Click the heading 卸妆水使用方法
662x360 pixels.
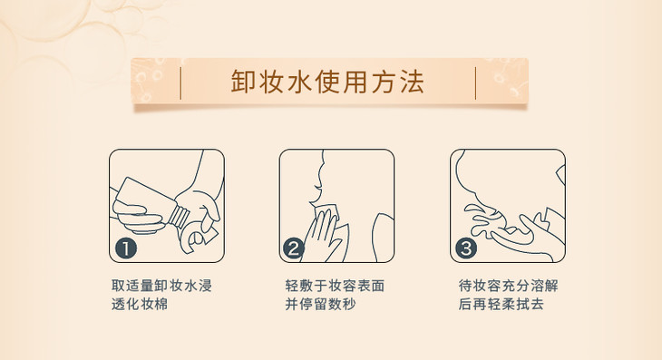coord(327,81)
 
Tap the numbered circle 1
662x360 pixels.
coord(126,248)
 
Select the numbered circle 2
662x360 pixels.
coord(293,248)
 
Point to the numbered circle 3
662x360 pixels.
coord(466,248)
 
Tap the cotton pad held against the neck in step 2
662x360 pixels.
coord(329,215)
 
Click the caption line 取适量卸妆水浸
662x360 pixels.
coord(161,286)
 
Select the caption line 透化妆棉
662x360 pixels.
coord(140,304)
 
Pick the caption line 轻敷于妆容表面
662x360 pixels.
coord(335,286)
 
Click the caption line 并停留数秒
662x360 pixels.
coord(320,304)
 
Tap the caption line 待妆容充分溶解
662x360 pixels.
coord(509,286)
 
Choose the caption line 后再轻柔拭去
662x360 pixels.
coord(501,304)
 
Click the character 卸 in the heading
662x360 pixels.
coord(243,81)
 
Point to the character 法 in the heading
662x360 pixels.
coord(412,81)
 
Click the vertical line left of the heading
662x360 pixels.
coord(180,83)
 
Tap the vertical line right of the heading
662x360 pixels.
coord(475,83)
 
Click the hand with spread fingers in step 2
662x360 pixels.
coord(323,237)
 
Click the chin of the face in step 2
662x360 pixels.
coord(315,201)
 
